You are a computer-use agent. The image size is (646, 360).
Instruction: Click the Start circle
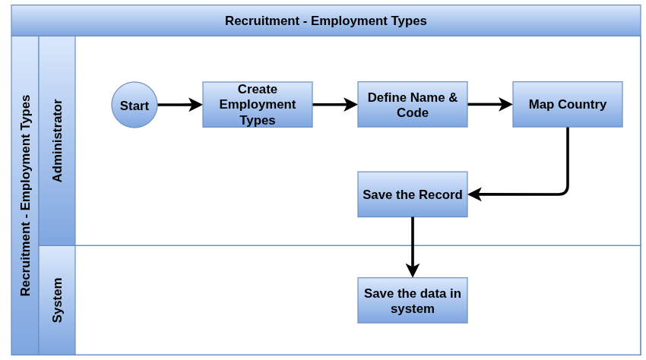tap(135, 105)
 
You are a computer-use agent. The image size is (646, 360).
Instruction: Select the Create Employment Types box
tap(258, 105)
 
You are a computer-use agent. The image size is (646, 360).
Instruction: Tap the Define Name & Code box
tap(413, 105)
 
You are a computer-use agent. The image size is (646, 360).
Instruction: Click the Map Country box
tap(567, 105)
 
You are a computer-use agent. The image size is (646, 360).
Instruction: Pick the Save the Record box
tap(413, 194)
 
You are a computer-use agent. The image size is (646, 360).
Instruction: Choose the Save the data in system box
tap(413, 300)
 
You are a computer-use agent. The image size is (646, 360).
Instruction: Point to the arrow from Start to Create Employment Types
tap(180, 105)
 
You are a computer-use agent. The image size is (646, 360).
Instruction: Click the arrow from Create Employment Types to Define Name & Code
tap(335, 105)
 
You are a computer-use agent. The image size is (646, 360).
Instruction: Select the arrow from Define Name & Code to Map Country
tap(490, 105)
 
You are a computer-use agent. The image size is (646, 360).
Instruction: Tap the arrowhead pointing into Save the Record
tap(474, 194)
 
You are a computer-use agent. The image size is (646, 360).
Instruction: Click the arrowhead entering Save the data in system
tap(413, 271)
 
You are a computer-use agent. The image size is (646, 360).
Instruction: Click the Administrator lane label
tap(57, 141)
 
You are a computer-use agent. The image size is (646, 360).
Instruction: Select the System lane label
tap(57, 300)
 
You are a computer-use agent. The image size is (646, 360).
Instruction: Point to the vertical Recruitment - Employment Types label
tap(26, 195)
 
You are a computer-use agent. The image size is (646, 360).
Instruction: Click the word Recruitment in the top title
tap(262, 21)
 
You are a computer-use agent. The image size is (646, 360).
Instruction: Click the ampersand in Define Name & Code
tap(453, 97)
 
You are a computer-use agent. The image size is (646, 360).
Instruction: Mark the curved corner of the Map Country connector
tap(565, 191)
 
